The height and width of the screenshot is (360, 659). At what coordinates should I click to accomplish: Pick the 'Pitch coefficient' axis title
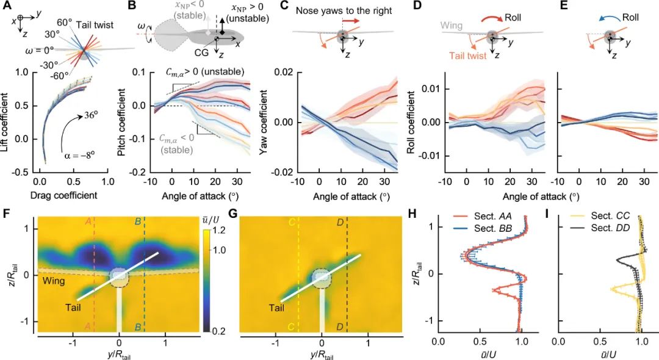[124, 123]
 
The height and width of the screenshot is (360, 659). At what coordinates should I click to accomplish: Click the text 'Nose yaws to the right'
[332, 10]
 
